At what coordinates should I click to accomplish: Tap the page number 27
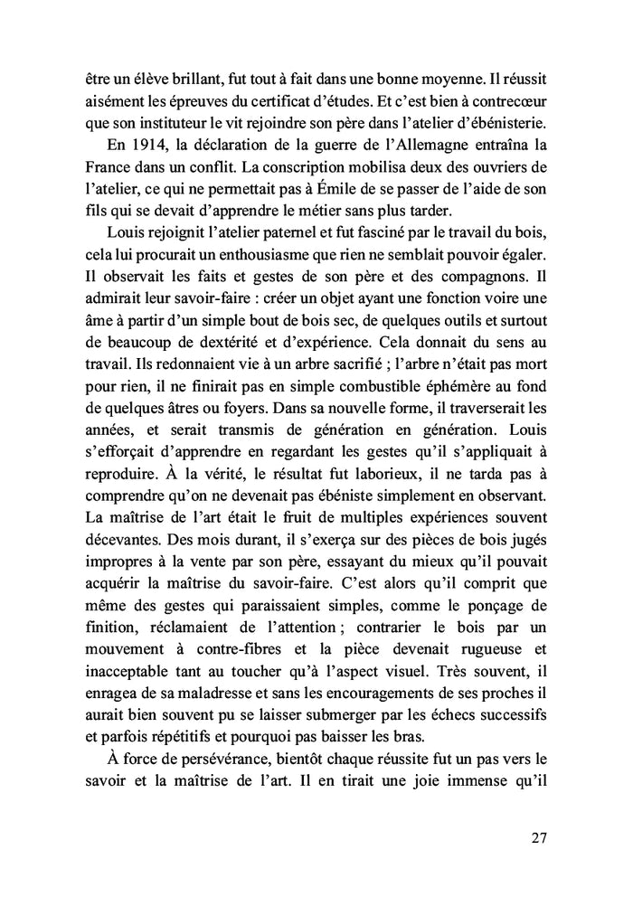[x=538, y=837]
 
